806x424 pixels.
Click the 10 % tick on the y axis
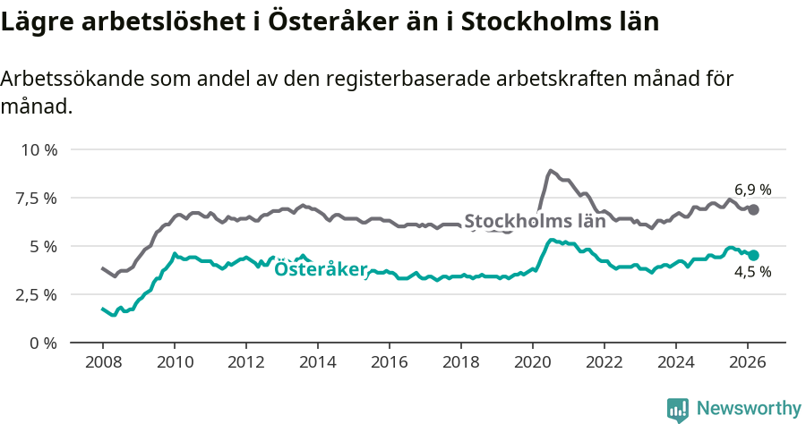pos(38,149)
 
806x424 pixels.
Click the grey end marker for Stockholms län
pos(754,209)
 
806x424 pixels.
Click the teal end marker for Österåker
pos(754,255)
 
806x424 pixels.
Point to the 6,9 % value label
pos(752,190)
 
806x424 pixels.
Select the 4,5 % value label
pos(752,273)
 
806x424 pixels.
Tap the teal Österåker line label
pos(321,269)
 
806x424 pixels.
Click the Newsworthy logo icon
pos(678,409)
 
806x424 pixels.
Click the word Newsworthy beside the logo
pos(749,409)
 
